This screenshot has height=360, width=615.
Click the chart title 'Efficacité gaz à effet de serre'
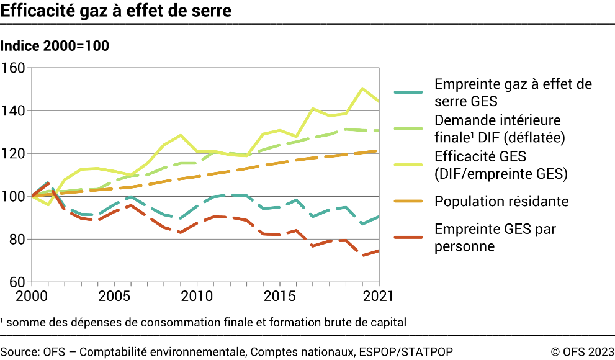pyautogui.click(x=116, y=11)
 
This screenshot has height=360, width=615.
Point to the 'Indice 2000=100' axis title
pyautogui.click(x=55, y=46)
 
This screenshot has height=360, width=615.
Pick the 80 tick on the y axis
pyautogui.click(x=16, y=240)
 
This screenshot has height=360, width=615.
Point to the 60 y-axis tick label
pyautogui.click(x=16, y=282)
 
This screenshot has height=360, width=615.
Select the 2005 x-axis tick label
pyautogui.click(x=114, y=296)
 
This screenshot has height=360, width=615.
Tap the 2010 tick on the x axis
pyautogui.click(x=197, y=296)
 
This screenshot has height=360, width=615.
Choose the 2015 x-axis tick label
pyautogui.click(x=279, y=296)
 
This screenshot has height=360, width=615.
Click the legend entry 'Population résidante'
pyautogui.click(x=501, y=201)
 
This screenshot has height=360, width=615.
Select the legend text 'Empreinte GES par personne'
pyautogui.click(x=495, y=238)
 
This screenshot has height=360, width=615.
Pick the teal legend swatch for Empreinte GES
pyautogui.click(x=408, y=92)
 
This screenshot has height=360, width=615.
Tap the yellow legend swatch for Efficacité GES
pyautogui.click(x=408, y=165)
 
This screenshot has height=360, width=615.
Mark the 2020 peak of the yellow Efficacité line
pyautogui.click(x=362, y=88)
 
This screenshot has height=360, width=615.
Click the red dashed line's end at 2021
pyautogui.click(x=379, y=251)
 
